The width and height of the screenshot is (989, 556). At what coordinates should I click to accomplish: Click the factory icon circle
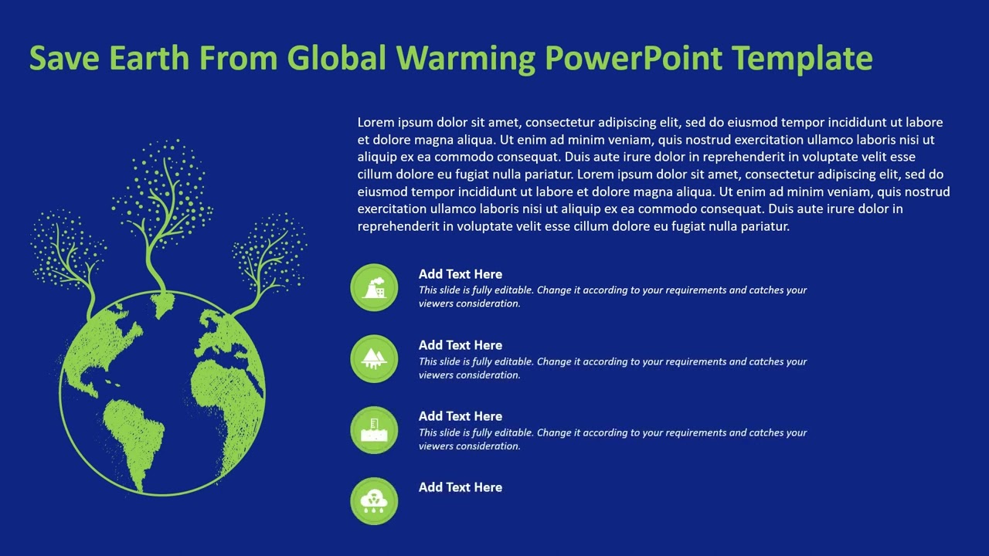coord(374,287)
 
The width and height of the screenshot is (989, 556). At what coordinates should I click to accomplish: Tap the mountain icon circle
coord(374,358)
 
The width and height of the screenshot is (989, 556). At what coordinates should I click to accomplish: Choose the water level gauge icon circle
coord(374,429)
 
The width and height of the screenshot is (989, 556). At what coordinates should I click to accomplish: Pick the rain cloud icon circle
coord(374,500)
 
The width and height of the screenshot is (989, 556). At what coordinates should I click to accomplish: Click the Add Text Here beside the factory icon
coord(460,274)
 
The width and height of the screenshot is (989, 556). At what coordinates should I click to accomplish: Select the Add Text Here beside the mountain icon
coord(460,345)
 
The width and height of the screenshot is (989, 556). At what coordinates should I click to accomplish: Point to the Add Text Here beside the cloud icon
coord(460,487)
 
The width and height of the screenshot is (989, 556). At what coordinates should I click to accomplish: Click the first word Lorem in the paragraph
coord(376,122)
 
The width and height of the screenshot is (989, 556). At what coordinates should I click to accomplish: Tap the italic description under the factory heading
coord(612,297)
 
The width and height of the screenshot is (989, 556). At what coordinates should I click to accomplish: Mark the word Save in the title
coord(64,58)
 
